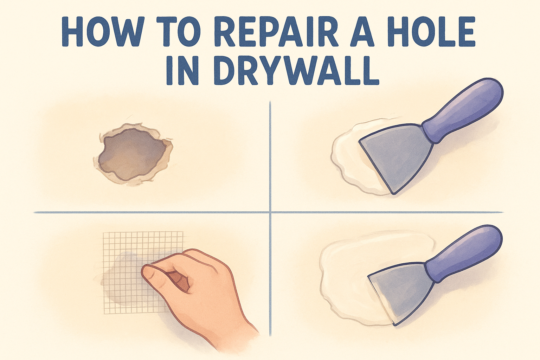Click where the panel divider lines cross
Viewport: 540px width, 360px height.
pyautogui.click(x=270, y=212)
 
